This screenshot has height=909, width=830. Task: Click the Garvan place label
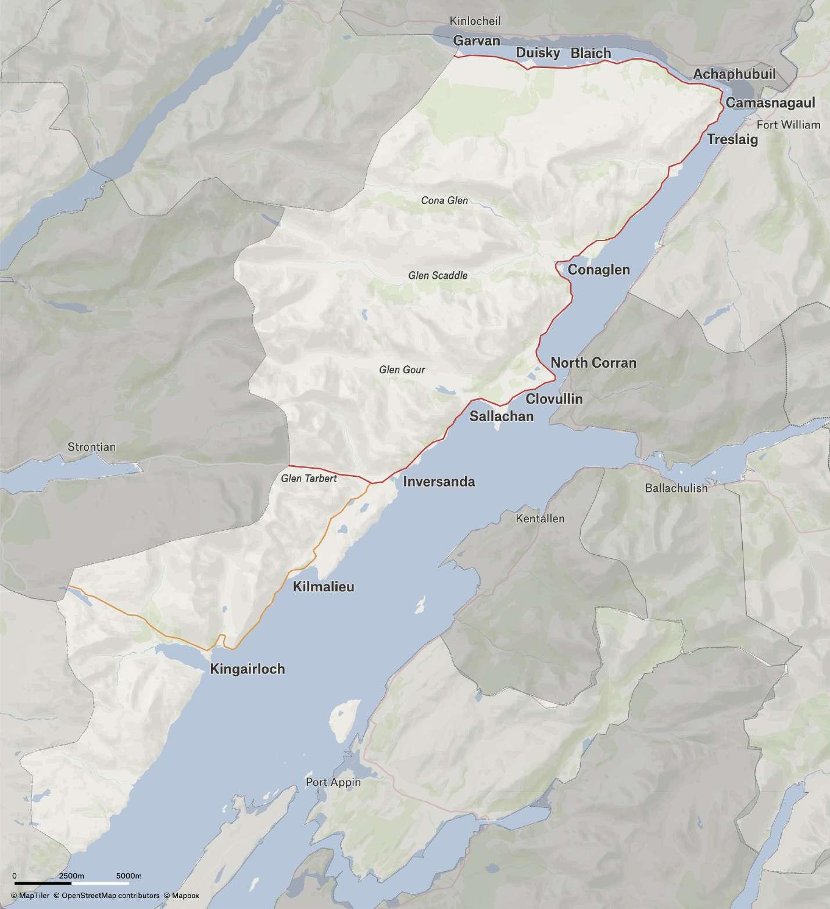click(x=477, y=41)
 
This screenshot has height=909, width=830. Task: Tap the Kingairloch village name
click(x=248, y=669)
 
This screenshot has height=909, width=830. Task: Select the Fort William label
click(x=788, y=125)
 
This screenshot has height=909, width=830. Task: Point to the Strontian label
click(x=92, y=447)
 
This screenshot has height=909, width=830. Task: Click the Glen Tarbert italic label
click(x=309, y=479)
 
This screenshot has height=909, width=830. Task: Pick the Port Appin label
click(x=333, y=782)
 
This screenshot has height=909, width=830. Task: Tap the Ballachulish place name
click(x=676, y=488)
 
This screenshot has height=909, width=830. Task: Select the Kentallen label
click(x=540, y=518)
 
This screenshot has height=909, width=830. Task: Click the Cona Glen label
click(x=444, y=200)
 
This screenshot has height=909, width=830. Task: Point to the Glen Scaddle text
click(x=438, y=275)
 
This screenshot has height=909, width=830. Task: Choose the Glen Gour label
click(x=402, y=369)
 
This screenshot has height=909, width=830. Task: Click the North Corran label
click(x=593, y=363)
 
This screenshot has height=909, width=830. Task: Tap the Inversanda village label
click(x=439, y=482)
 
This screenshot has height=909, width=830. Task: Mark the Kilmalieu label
click(x=323, y=587)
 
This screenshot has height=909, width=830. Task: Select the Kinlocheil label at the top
click(x=475, y=21)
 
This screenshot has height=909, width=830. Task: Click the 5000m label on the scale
click(x=129, y=876)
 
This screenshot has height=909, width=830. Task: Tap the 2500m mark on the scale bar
click(x=71, y=876)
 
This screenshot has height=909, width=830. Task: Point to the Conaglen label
click(x=599, y=270)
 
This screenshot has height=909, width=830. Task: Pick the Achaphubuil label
click(x=734, y=74)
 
